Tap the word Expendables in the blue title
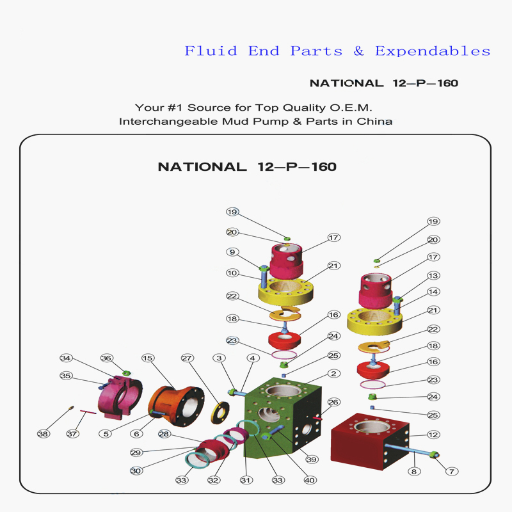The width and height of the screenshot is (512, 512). click(433, 51)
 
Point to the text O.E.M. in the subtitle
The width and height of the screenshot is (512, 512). click(352, 108)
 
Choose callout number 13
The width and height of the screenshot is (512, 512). click(433, 276)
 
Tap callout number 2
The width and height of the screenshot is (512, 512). click(333, 373)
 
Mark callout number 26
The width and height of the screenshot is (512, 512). click(333, 402)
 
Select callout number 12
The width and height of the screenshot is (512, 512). click(433, 435)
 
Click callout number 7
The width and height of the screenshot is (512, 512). click(452, 472)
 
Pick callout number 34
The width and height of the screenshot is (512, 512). click(65, 358)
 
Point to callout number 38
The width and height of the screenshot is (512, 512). click(43, 434)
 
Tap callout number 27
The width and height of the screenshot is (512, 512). click(187, 358)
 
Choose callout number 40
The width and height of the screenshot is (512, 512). click(311, 481)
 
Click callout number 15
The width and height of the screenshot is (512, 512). click(148, 358)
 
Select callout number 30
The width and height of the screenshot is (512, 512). click(136, 471)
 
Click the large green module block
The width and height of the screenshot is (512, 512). click(285, 416)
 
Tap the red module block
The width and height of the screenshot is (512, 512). click(368, 442)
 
